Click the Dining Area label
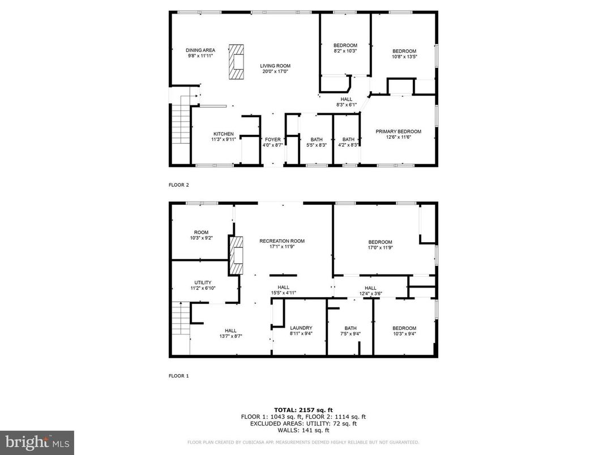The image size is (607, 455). tap(200, 50)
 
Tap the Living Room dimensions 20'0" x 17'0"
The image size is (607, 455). tap(275, 72)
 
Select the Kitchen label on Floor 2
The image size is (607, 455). tap(207, 134)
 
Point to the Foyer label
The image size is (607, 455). tap(272, 139)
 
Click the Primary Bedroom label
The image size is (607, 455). tap(398, 131)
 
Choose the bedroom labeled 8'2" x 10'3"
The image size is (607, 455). tap(345, 45)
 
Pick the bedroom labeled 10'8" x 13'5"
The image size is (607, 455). tap(404, 51)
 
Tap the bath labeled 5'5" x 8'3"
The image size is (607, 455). tap(317, 139)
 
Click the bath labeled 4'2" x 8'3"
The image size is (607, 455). tap(348, 139)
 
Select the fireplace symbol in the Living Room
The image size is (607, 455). tap(236, 62)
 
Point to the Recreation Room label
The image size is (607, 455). tap(281, 241)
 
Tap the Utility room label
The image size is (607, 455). tap(203, 282)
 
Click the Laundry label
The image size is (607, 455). tap(301, 328)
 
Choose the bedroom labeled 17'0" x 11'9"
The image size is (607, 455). tap(380, 242)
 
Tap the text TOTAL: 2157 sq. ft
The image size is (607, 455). tap(303, 409)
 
